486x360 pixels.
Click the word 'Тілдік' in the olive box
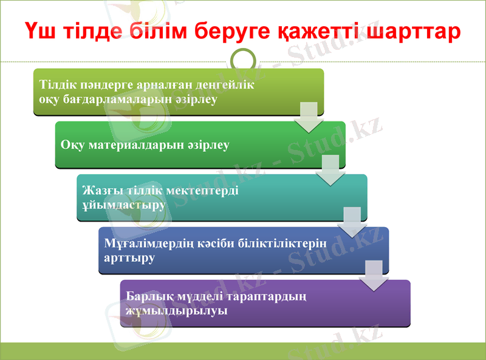pos(55,85)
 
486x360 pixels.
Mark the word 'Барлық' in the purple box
pos(146,297)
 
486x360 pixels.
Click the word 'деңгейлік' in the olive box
pos(230,85)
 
